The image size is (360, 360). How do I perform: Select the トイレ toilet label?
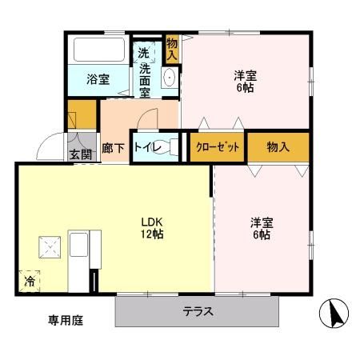[146, 147]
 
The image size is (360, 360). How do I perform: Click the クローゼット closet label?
[216, 147]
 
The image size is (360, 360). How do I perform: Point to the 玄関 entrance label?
[78, 154]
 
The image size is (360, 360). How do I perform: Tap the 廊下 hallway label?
[112, 148]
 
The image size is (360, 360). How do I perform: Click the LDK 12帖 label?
[154, 228]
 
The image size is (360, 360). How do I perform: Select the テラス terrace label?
[198, 312]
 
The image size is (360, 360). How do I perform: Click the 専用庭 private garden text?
[66, 321]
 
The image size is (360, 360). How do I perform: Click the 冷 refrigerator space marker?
[30, 281]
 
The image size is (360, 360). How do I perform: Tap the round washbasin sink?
[169, 78]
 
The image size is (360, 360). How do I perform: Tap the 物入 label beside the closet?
[278, 147]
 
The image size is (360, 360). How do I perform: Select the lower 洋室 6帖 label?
[260, 227]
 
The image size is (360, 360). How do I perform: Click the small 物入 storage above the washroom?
[172, 49]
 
